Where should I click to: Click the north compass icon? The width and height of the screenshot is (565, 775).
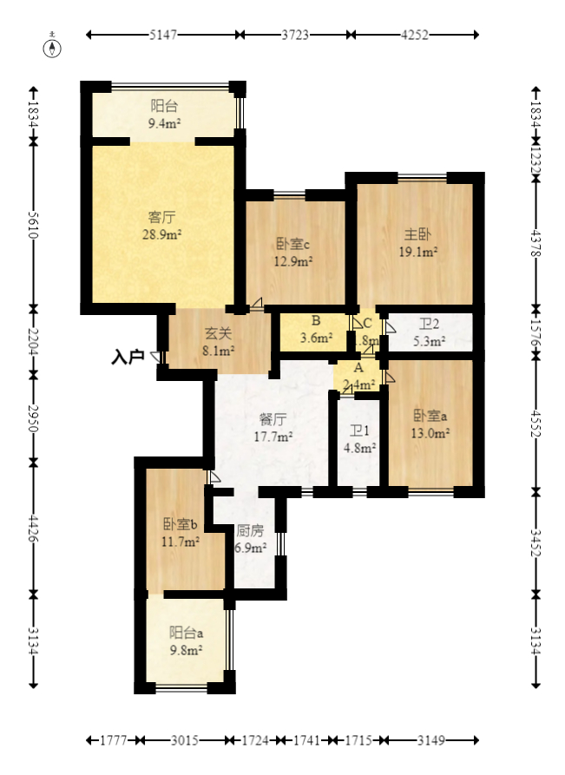click(54, 47)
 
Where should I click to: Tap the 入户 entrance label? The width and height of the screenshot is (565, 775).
click(128, 356)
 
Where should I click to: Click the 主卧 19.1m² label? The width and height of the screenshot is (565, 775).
click(417, 244)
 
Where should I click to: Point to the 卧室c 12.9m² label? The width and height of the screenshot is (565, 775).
click(293, 252)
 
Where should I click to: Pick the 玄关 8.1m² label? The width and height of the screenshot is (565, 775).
click(218, 341)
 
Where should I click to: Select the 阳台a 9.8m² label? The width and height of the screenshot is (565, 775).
click(186, 640)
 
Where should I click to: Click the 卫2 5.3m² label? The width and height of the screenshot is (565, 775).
click(430, 332)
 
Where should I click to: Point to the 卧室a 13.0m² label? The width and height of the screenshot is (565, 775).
click(430, 423)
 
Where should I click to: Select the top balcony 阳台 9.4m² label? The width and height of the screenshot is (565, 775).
click(164, 115)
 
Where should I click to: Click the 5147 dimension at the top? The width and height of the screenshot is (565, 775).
click(163, 35)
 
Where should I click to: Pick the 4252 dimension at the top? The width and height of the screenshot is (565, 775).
click(412, 35)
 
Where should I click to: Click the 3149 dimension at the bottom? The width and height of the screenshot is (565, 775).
click(430, 740)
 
